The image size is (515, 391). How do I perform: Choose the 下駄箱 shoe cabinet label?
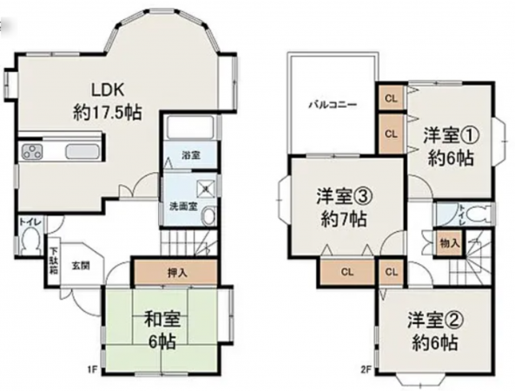point(53,260)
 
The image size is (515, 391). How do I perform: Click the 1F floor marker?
point(91,368)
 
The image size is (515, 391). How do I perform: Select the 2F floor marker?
point(369,368)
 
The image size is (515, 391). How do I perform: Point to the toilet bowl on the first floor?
point(30,245)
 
